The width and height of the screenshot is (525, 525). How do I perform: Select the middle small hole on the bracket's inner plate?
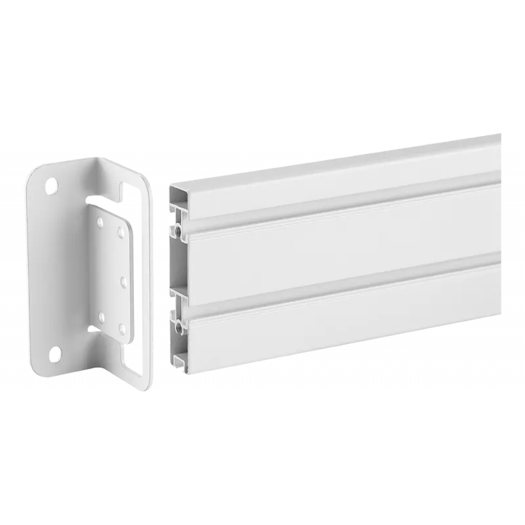123,282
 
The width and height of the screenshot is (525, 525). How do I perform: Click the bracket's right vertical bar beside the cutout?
148,282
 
